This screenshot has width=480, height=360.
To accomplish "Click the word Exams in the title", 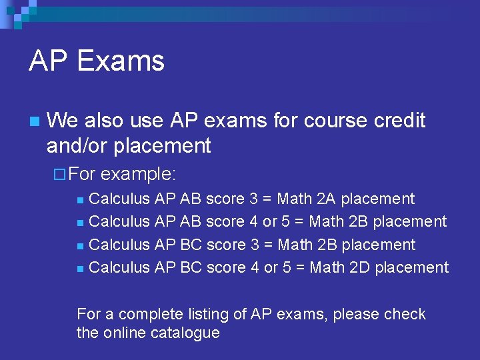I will (121, 61).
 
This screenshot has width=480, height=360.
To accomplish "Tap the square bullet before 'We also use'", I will (34, 121).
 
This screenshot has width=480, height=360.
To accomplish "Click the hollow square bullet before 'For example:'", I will (59, 175).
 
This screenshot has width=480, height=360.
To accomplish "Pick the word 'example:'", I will (139, 175).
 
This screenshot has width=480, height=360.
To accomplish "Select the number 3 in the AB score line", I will (254, 199).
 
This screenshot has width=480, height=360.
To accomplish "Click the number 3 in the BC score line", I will (255, 245).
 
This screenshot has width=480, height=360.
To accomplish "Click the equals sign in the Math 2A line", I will (267, 199).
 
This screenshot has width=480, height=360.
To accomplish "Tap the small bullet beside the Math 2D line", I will (80, 268).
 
